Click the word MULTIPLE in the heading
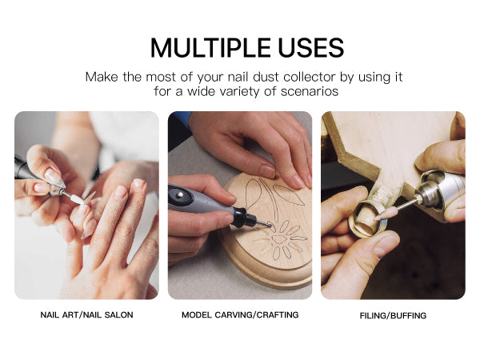210,48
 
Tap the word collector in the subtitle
310,77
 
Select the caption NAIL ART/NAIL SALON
86,314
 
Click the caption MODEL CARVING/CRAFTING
240,314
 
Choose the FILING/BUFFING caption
393,315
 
